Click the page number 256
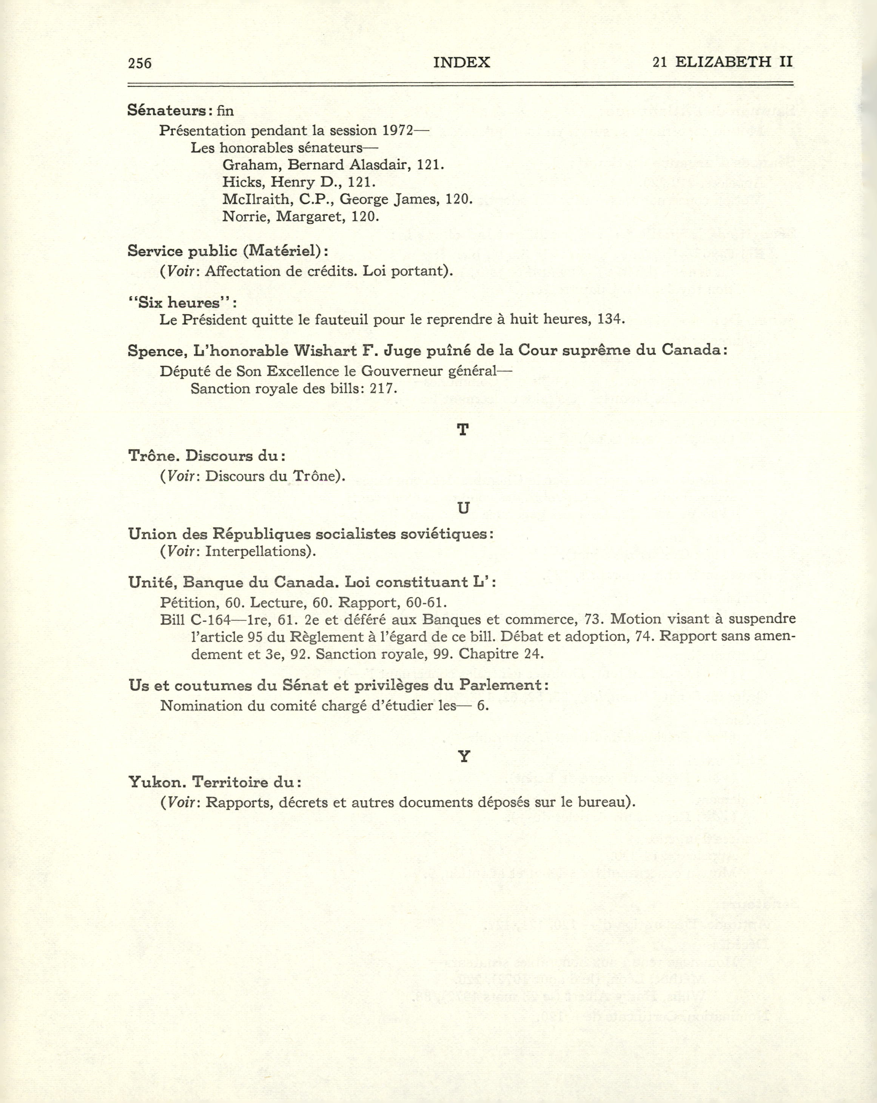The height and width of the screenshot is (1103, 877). pos(140,63)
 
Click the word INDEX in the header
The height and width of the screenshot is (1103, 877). pos(461,62)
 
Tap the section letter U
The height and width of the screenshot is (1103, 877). pos(463,508)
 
